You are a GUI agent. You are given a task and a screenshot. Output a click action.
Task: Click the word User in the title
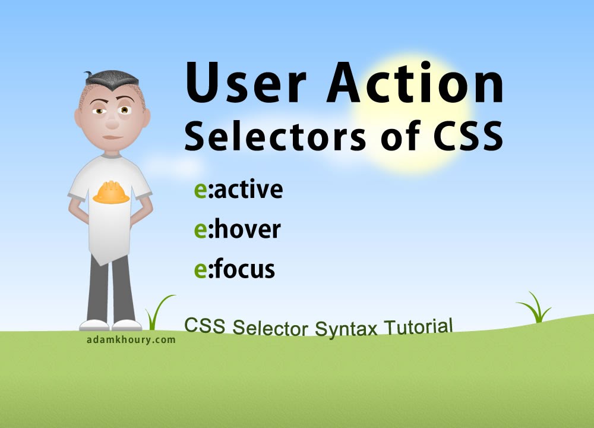[246, 83]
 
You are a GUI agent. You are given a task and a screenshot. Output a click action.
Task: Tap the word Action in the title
[415, 83]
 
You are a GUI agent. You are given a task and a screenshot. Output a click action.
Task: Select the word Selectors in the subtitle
[276, 136]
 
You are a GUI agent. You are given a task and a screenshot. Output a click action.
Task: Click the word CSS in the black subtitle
[468, 136]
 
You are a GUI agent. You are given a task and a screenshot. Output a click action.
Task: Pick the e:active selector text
[239, 190]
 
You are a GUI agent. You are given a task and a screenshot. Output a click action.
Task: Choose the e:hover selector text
[238, 229]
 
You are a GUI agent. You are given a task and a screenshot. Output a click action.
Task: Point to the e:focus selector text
[235, 269]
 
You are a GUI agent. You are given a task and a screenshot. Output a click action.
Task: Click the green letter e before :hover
[200, 231]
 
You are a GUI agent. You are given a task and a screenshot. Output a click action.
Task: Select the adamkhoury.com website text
[131, 339]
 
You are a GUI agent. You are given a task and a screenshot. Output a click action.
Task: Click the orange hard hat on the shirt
[111, 192]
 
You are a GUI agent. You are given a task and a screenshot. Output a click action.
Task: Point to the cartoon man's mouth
[112, 137]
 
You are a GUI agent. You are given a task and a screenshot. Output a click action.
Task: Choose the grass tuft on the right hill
[536, 308]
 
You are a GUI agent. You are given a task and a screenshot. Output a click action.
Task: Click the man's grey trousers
[110, 290]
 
